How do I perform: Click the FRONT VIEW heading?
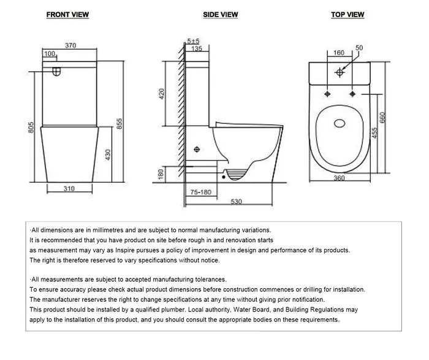[x=68, y=15]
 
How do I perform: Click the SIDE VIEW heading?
[x=221, y=15]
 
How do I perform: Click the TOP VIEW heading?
[x=347, y=15]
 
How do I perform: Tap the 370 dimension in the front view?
[x=70, y=45]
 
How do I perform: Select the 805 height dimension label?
[x=32, y=129]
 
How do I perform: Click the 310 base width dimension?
[x=69, y=188]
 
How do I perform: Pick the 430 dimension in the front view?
[x=108, y=155]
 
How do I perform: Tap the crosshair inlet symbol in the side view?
[x=197, y=149]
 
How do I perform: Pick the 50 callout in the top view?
[x=359, y=48]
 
